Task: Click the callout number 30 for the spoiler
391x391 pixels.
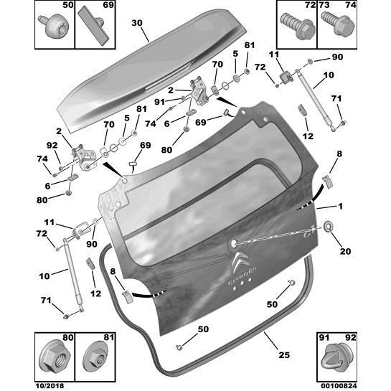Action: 137,22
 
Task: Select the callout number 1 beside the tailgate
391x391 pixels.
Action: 341,207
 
